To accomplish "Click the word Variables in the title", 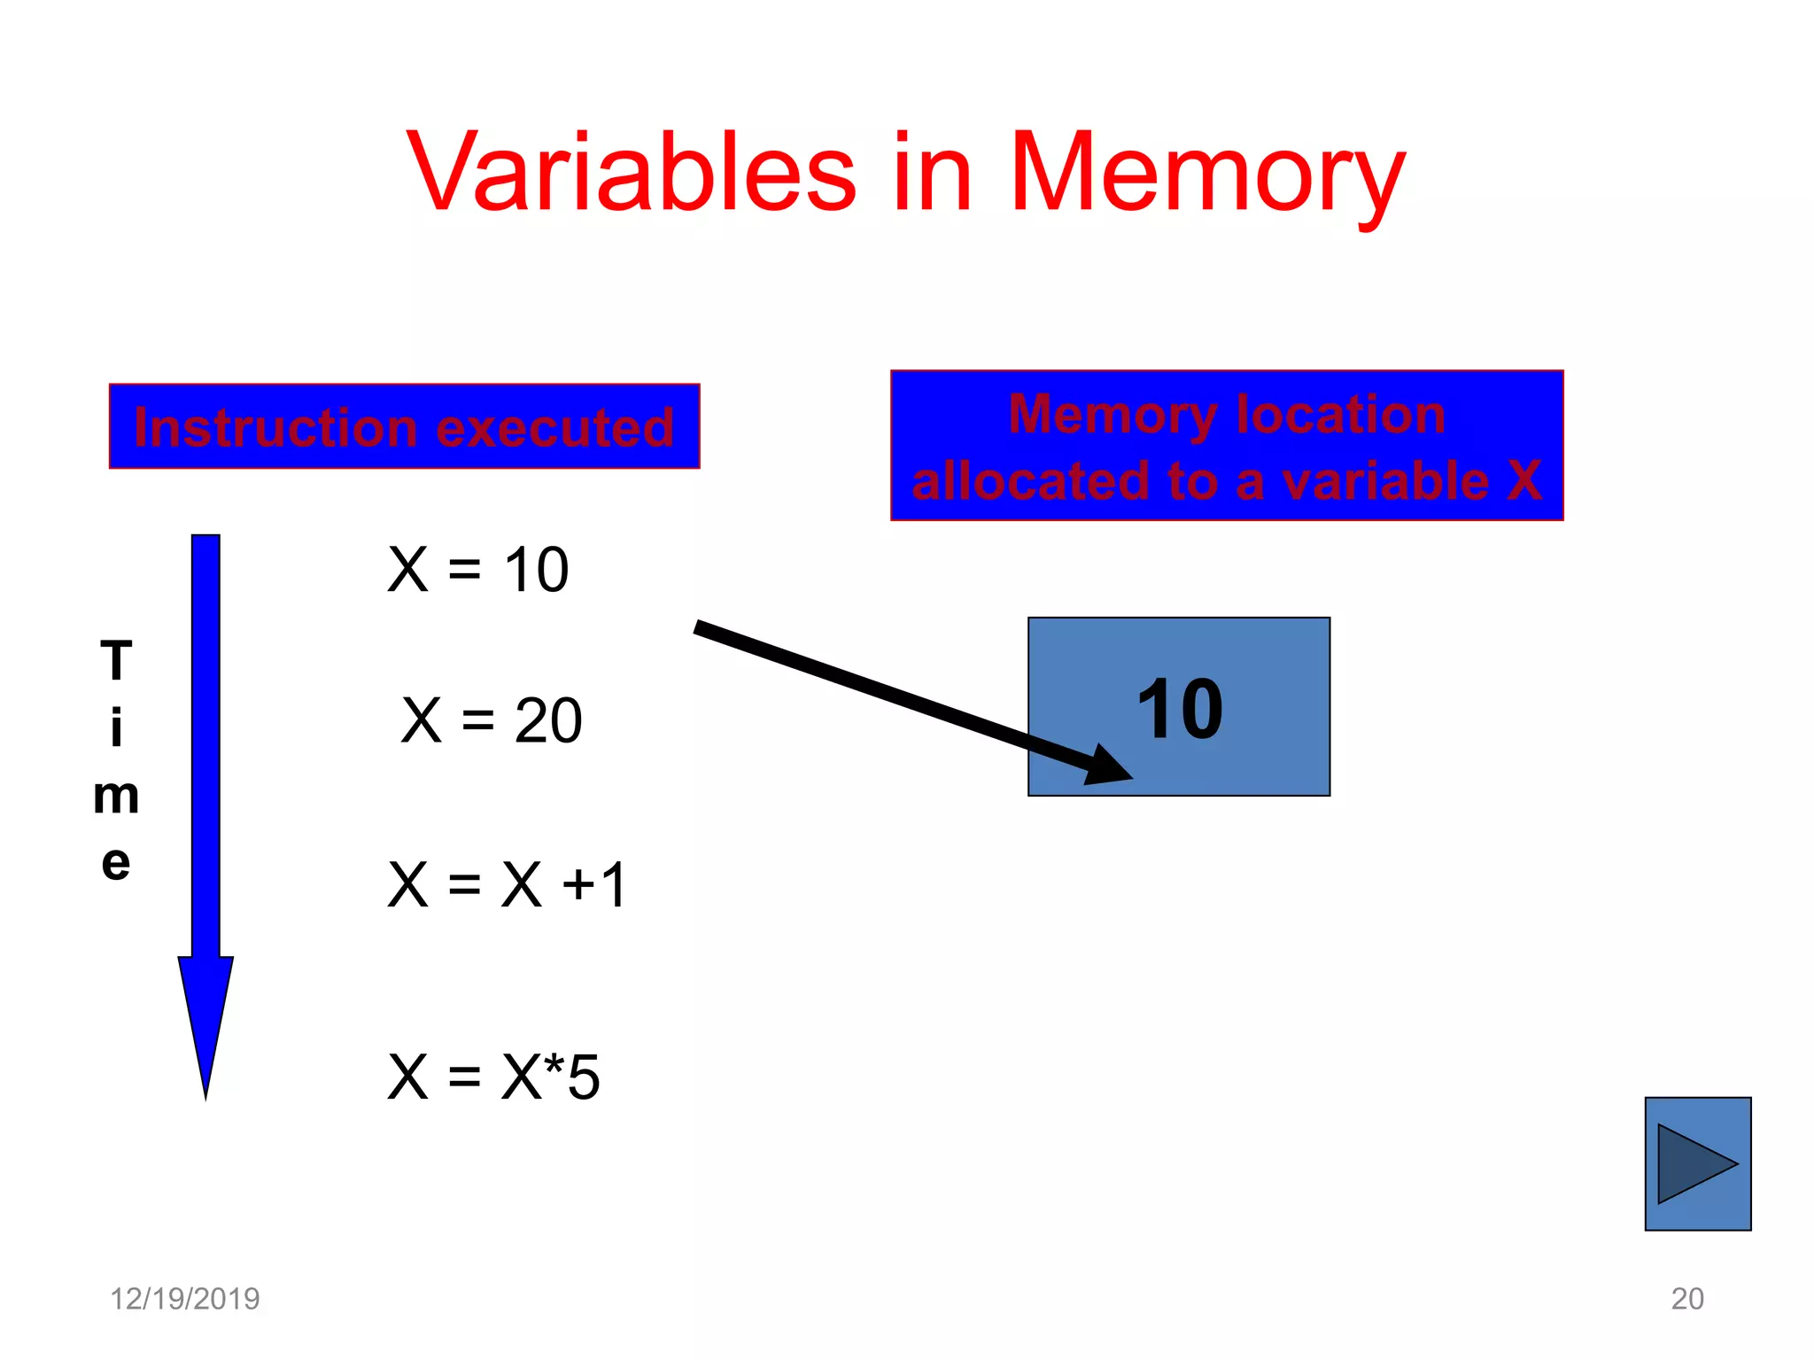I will tap(632, 172).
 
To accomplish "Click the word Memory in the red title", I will tap(1206, 174).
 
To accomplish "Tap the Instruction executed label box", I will tap(404, 426).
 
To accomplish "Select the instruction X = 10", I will tap(478, 569).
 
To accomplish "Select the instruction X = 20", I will tap(492, 719).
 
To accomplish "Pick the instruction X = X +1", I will tap(508, 884).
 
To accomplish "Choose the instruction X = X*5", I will tap(494, 1077).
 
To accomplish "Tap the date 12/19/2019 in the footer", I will tap(184, 1299).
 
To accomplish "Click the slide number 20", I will tap(1687, 1299).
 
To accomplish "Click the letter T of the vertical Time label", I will tap(116, 661).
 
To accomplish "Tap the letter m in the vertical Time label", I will tap(116, 796).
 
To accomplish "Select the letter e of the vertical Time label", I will tap(116, 862).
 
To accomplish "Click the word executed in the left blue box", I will tap(554, 428).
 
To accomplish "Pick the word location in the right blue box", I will tap(1340, 415).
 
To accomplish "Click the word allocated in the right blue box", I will tap(1031, 482).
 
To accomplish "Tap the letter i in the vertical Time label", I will tap(116, 728).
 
